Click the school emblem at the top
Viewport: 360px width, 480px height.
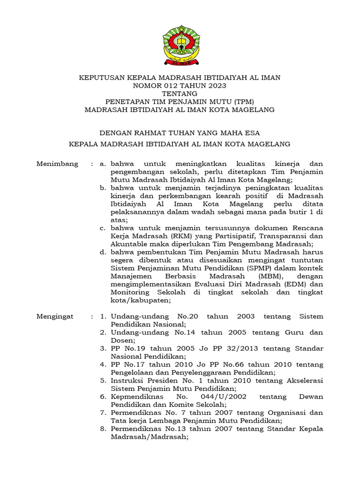pos(180,45)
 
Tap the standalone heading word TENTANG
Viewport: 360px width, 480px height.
pos(180,94)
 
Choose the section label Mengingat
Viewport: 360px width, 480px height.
pos(55,316)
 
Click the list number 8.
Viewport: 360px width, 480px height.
pos(103,428)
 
